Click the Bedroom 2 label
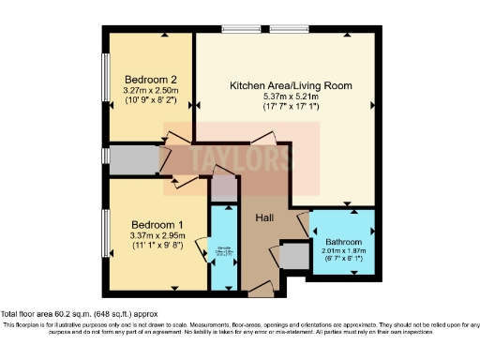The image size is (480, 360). click(x=145, y=79)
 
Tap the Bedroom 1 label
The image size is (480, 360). click(x=157, y=225)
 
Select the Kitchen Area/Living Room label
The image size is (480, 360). click(x=292, y=85)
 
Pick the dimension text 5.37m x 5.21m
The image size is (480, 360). click(x=292, y=97)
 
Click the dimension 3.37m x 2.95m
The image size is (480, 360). click(x=157, y=236)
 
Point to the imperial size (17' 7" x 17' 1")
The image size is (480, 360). click(x=292, y=107)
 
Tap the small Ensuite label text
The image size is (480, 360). click(x=224, y=248)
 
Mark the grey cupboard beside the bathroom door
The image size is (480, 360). click(x=292, y=256)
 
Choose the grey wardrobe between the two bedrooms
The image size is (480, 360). click(x=125, y=158)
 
